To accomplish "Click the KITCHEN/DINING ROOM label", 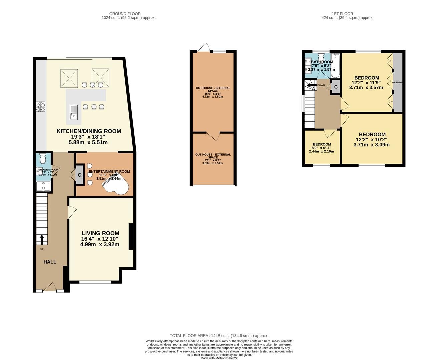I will (89, 131).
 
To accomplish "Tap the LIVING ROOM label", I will (100, 233).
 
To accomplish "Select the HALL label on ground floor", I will (50, 262).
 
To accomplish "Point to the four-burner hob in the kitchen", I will (41, 107).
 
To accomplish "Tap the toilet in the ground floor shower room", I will (43, 159).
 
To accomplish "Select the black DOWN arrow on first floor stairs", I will (311, 85).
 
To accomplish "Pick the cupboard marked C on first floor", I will (336, 87).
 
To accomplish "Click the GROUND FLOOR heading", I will (128, 14).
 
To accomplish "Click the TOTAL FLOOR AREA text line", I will (219, 336).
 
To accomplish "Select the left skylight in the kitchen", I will (69, 78).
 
